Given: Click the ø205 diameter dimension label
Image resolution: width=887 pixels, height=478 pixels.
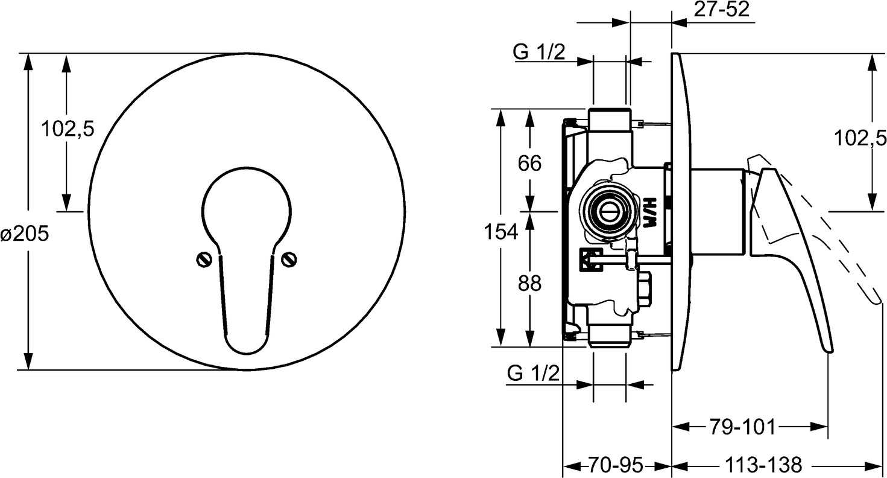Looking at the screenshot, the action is click(x=25, y=234).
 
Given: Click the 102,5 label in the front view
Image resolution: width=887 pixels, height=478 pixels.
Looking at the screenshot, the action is click(x=68, y=129).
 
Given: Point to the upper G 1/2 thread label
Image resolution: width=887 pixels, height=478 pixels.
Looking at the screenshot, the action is click(x=539, y=52).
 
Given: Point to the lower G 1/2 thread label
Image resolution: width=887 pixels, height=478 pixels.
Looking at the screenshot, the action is click(x=533, y=373).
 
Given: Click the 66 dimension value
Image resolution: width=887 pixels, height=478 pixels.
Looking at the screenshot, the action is click(x=529, y=163).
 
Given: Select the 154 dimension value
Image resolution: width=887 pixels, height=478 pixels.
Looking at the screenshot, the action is click(x=501, y=232).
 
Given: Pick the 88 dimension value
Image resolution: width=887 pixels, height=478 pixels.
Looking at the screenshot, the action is click(x=529, y=284).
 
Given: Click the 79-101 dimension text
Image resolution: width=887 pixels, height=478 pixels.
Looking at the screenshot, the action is click(x=741, y=427).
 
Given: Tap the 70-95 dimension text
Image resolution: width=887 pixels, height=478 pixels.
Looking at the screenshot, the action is click(x=615, y=465).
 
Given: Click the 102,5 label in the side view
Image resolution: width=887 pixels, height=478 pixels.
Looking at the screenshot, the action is click(x=860, y=138).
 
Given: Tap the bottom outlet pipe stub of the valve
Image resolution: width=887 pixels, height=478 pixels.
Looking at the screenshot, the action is click(x=610, y=336).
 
